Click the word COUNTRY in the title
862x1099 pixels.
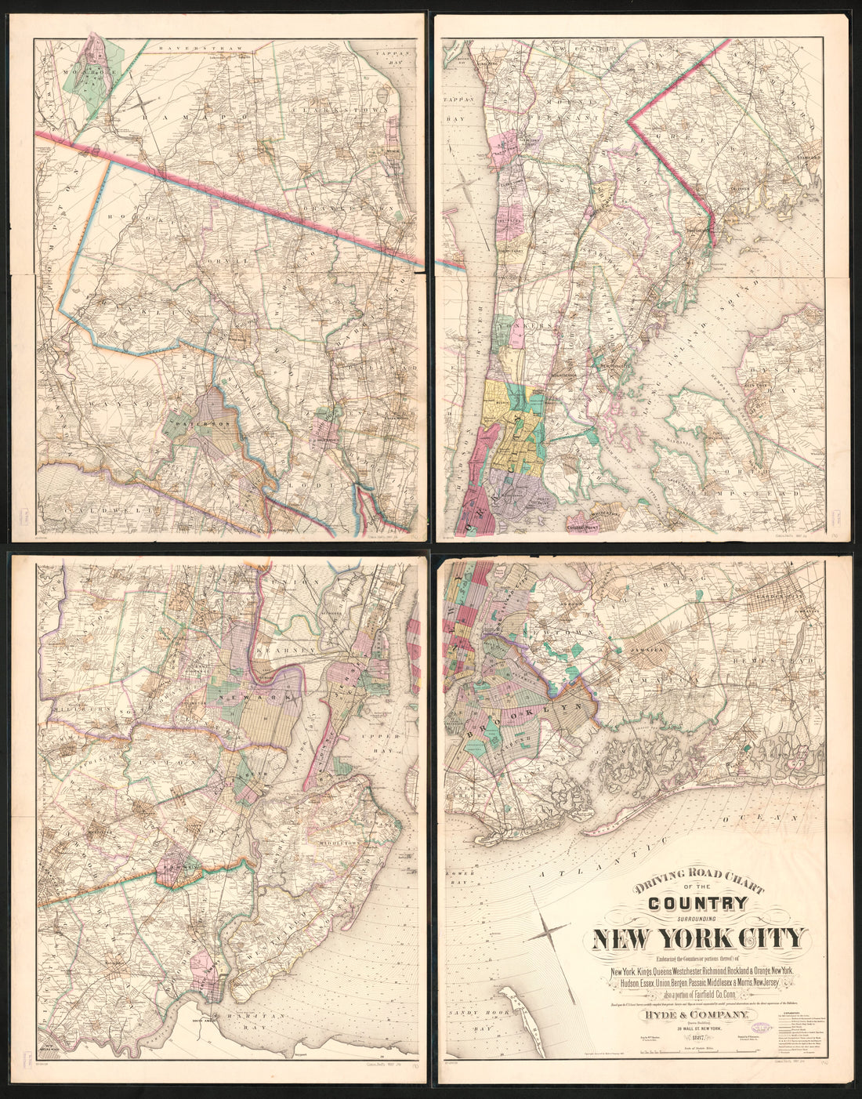click(x=697, y=904)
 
